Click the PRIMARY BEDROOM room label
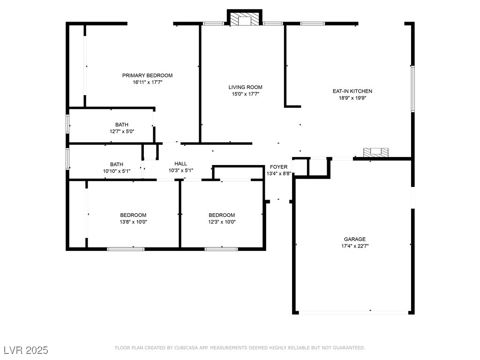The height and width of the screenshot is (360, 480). pyautogui.click(x=147, y=75)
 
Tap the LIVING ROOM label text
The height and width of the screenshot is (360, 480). pyautogui.click(x=245, y=87)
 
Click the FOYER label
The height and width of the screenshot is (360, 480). pyautogui.click(x=278, y=167)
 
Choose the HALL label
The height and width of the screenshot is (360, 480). pyautogui.click(x=180, y=164)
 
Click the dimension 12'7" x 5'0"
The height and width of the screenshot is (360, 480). pyautogui.click(x=122, y=132)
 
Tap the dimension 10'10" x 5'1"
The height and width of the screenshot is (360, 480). pyautogui.click(x=117, y=171)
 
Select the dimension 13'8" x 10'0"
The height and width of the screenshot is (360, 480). pyautogui.click(x=133, y=222)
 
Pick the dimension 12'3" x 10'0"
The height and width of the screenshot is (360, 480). pyautogui.click(x=222, y=222)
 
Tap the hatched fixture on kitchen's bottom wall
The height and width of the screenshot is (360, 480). pyautogui.click(x=376, y=152)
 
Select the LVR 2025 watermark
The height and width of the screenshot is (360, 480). pyautogui.click(x=26, y=350)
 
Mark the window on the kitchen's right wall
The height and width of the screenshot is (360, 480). pyautogui.click(x=412, y=89)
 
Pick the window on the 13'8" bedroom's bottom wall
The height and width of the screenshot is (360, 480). pyautogui.click(x=126, y=249)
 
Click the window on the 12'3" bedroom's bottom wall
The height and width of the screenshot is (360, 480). pyautogui.click(x=221, y=249)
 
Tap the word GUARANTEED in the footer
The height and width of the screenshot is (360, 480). pyautogui.click(x=348, y=348)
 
